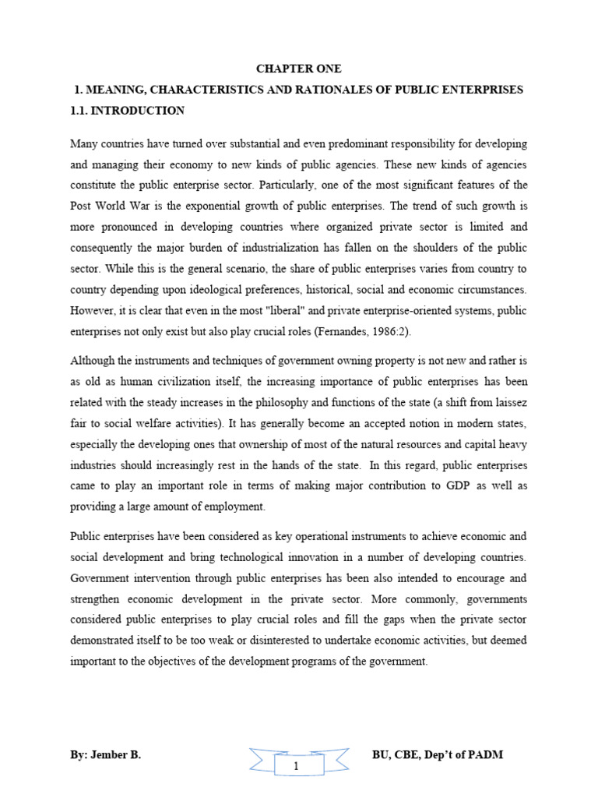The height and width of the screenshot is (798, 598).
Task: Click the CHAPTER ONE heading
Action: coord(298,69)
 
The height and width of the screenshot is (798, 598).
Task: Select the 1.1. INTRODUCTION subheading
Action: coord(127,111)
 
